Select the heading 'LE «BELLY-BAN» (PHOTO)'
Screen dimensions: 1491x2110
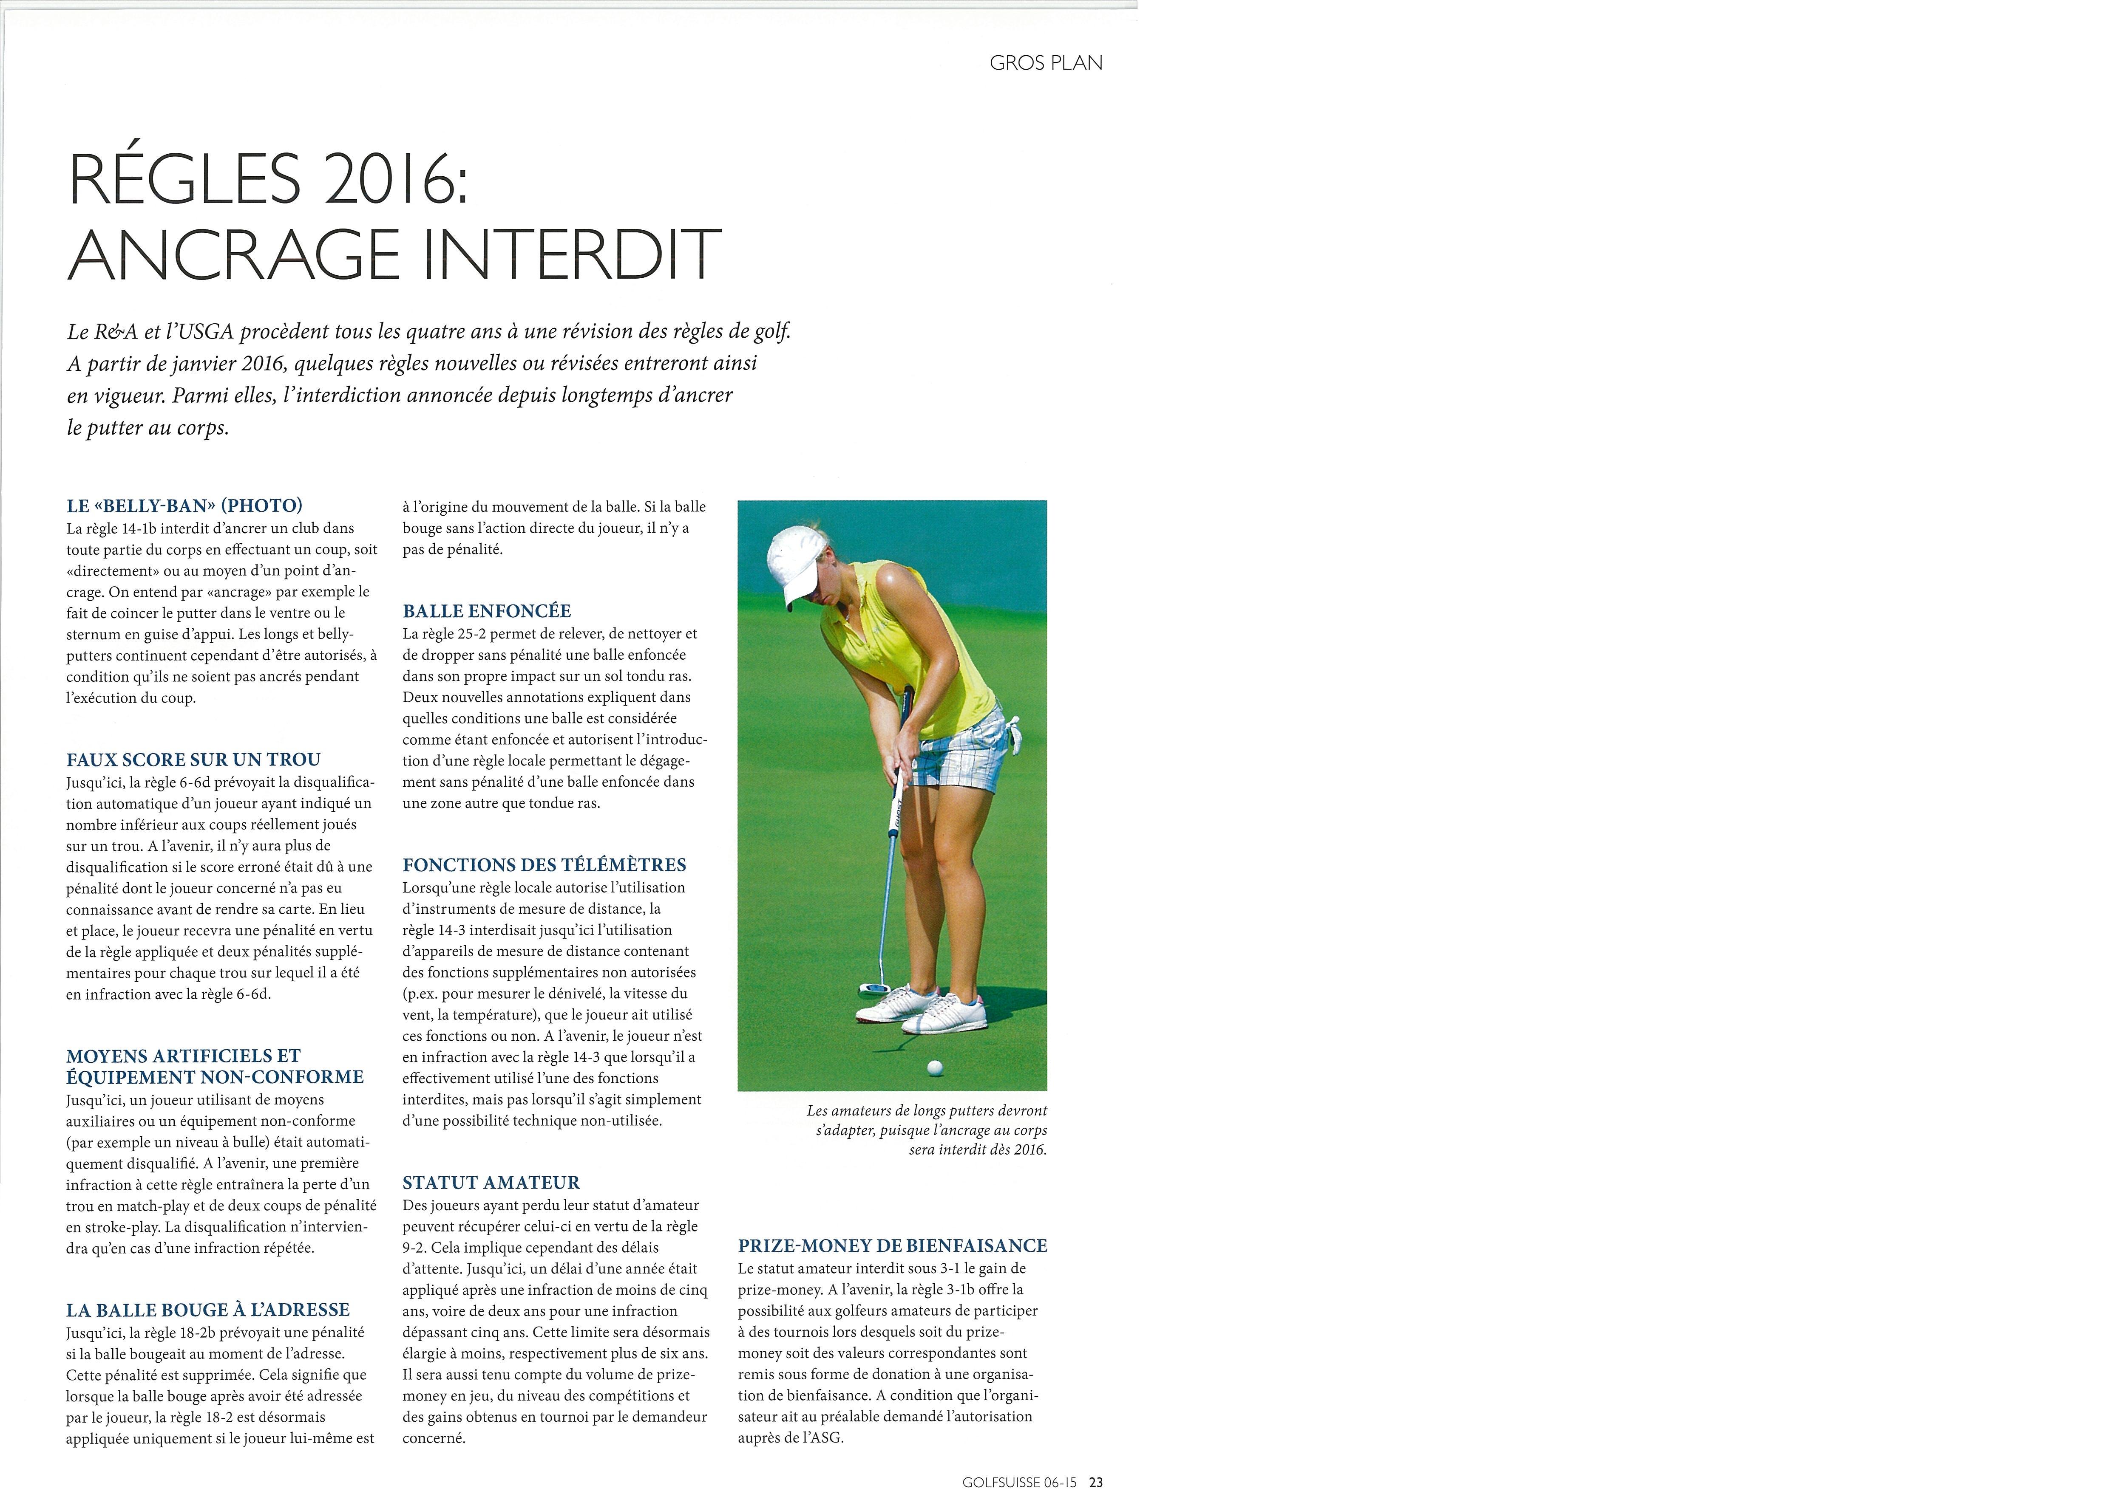pos(184,505)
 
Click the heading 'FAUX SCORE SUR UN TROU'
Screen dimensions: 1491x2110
pos(193,760)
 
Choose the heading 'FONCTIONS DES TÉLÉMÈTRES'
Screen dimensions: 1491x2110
pos(544,865)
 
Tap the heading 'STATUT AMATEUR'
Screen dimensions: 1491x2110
pos(491,1183)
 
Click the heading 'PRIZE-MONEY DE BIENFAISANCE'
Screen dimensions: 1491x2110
pos(892,1246)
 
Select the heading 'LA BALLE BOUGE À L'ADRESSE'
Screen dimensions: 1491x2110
pos(208,1310)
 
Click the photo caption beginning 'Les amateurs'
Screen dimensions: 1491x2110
pos(926,1130)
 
